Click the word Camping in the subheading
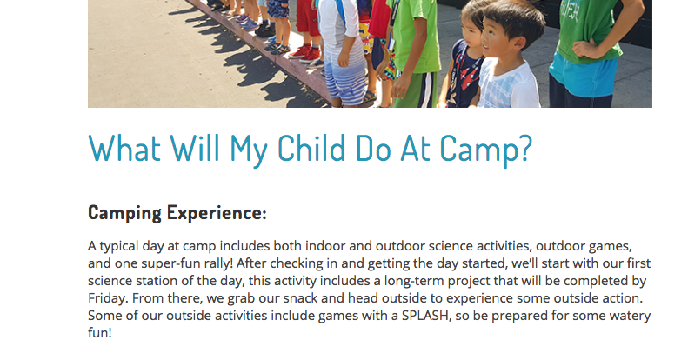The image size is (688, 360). point(124,213)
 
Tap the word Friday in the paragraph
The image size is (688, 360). point(109,298)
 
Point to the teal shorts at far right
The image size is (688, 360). point(583,77)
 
